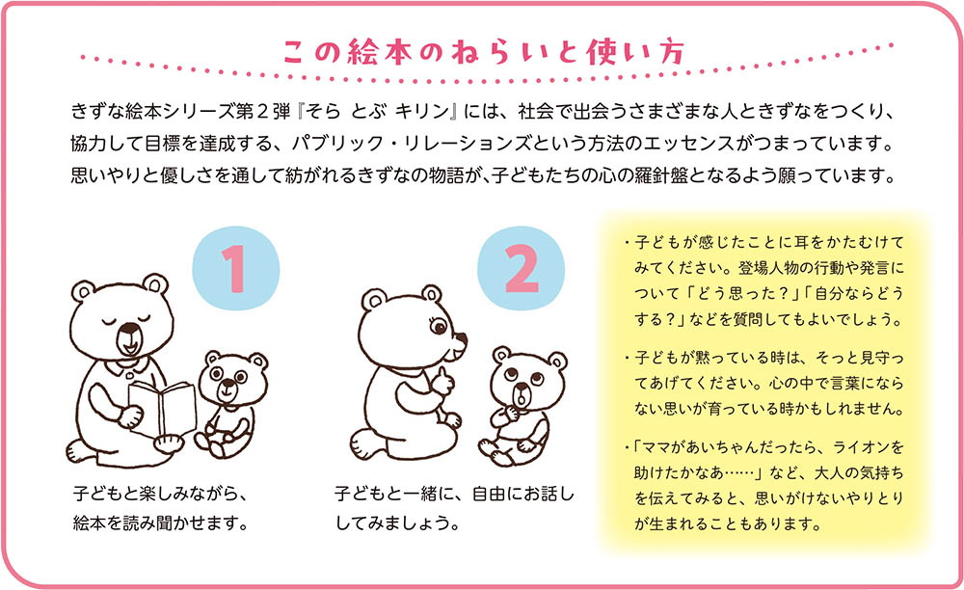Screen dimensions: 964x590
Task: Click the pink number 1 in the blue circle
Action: click(x=235, y=269)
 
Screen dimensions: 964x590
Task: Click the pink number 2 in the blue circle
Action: click(x=521, y=269)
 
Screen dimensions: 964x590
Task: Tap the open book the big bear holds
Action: click(x=162, y=408)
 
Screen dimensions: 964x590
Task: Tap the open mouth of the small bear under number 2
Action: click(x=522, y=399)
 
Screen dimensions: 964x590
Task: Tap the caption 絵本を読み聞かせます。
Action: click(x=161, y=523)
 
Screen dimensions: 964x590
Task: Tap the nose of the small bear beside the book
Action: click(x=228, y=383)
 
